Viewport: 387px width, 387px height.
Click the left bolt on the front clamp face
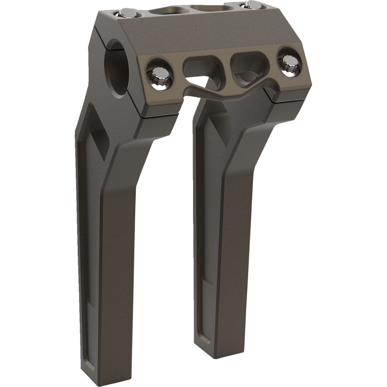coord(158,74)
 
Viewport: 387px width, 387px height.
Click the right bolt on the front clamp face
coord(289,63)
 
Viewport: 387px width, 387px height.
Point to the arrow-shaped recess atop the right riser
coord(211,128)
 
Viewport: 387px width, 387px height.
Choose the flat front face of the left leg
coord(116,271)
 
